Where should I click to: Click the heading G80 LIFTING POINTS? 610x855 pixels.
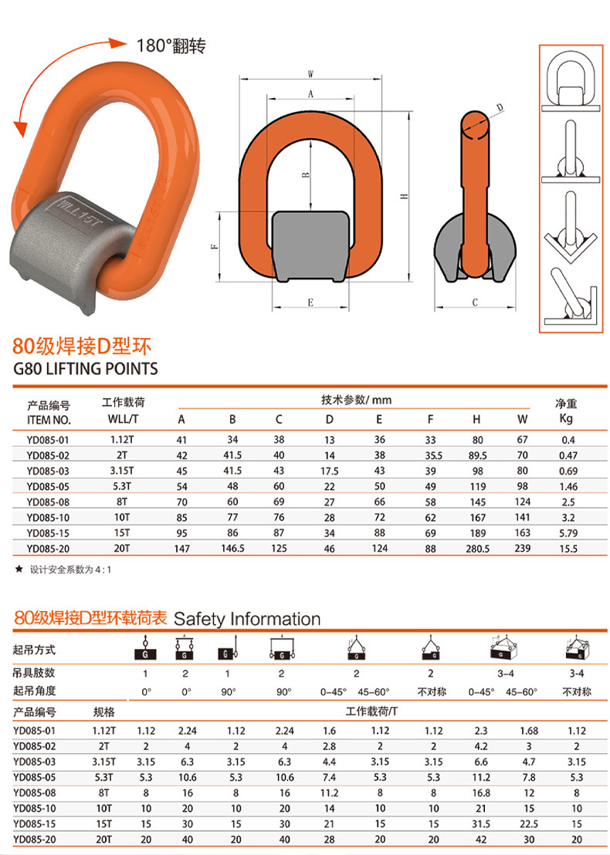[86, 368]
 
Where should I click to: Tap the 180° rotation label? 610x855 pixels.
[171, 46]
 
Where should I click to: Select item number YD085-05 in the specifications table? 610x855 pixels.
[48, 486]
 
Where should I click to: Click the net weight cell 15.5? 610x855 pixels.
[568, 548]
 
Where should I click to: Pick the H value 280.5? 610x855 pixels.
[476, 548]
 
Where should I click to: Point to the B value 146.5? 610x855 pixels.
[232, 548]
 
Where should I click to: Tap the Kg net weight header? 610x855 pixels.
[566, 420]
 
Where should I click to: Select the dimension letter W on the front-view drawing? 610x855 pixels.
[310, 75]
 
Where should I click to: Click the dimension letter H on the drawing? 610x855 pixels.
[404, 197]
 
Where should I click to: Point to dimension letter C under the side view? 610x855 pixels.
[474, 302]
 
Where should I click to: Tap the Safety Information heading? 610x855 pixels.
[247, 619]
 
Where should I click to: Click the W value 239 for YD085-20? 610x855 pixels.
[523, 548]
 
